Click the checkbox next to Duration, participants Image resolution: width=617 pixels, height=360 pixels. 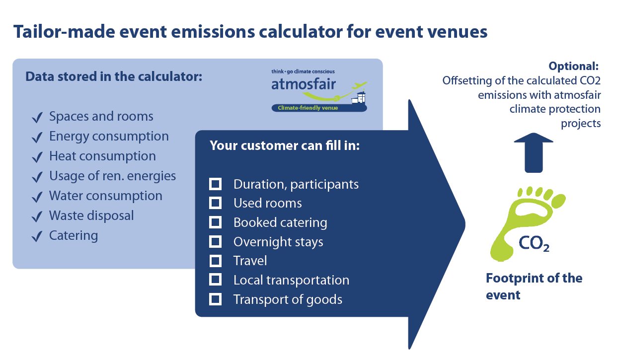click(x=215, y=184)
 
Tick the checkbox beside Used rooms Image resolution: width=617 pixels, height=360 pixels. click(x=215, y=203)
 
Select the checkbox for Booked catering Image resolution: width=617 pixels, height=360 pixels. click(x=215, y=222)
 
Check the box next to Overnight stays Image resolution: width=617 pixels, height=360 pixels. click(x=215, y=241)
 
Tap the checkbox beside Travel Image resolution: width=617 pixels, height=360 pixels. click(x=215, y=261)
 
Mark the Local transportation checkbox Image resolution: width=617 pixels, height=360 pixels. click(x=215, y=280)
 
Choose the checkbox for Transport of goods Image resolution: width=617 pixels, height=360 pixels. click(x=215, y=299)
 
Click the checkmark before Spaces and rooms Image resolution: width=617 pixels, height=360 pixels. click(x=37, y=117)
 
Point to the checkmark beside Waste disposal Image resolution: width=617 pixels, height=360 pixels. click(x=37, y=216)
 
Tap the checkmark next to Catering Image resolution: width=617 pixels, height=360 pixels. click(x=37, y=236)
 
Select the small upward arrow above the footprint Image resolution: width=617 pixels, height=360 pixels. click(x=534, y=153)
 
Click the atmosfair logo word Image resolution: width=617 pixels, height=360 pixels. click(x=303, y=84)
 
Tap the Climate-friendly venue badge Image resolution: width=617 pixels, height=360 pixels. click(x=319, y=108)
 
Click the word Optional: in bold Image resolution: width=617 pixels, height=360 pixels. click(x=573, y=66)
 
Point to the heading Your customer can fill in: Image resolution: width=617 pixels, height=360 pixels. click(x=285, y=145)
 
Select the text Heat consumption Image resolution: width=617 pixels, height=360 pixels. click(x=102, y=156)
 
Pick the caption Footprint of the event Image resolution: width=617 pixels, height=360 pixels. click(x=534, y=287)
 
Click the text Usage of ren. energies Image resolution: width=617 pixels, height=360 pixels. click(x=112, y=176)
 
